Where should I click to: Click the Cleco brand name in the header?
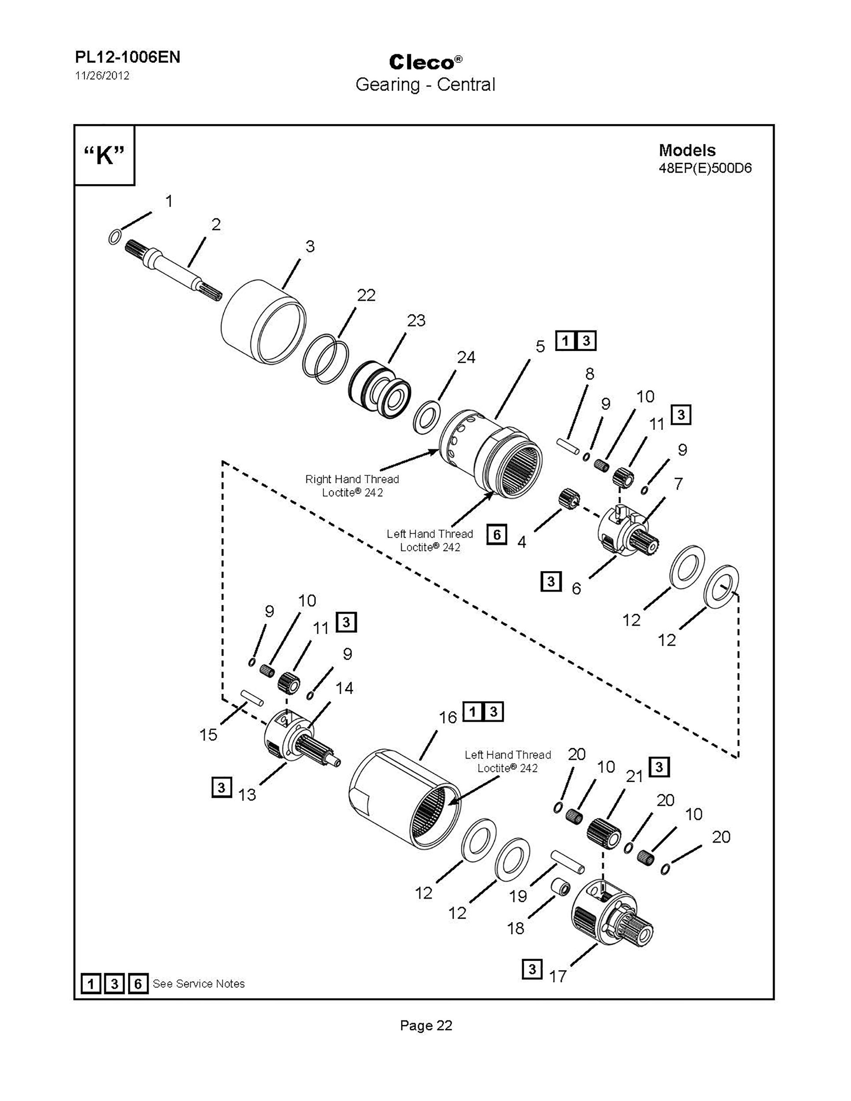pos(422,63)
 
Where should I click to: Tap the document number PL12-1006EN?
pos(128,57)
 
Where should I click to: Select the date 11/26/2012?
pos(102,76)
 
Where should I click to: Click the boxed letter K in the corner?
pos(104,155)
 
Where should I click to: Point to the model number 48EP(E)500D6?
pos(705,168)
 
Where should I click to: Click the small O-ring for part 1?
pos(115,236)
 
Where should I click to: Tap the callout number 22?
pos(366,295)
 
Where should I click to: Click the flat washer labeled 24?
pos(428,417)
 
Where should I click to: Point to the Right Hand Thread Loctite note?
pos(352,485)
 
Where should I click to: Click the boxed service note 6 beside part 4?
pos(496,534)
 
